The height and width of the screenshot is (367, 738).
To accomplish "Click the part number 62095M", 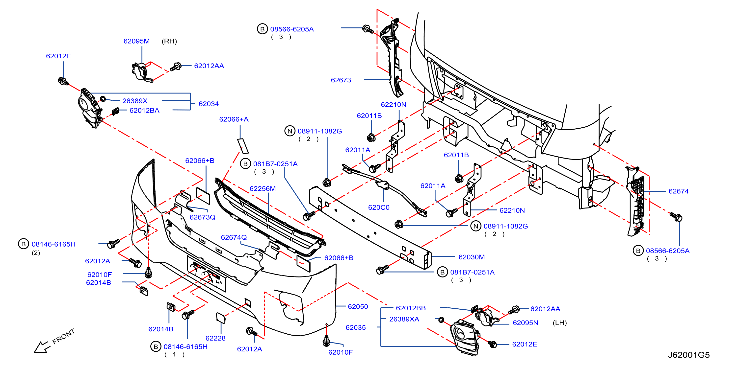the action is [x=136, y=41].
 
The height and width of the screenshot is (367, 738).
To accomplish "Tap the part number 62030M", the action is [x=472, y=257].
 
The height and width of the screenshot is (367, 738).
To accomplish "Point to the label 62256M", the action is [x=263, y=189].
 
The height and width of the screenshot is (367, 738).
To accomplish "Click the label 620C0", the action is [x=378, y=207].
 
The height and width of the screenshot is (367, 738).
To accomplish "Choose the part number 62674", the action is [x=678, y=191].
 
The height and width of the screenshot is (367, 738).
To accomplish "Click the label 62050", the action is [x=358, y=307].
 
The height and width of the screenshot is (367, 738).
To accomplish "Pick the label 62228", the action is [x=215, y=338].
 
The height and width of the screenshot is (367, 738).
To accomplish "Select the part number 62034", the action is [x=209, y=104].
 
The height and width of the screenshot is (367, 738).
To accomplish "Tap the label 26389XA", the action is [x=404, y=319].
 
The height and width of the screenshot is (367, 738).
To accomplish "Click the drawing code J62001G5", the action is [x=689, y=355].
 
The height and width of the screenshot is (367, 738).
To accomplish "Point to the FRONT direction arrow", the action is [x=42, y=347].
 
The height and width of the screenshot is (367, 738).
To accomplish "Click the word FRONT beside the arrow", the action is [x=64, y=336].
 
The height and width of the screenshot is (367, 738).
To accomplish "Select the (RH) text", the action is [x=169, y=41].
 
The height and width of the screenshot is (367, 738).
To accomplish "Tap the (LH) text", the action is [x=559, y=323].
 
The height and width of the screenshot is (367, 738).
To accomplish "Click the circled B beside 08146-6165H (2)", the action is [x=24, y=244].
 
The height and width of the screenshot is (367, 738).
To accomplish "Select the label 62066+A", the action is [x=234, y=119].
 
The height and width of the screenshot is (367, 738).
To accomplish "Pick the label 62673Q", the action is [x=202, y=217].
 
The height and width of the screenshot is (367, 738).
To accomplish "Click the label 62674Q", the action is [x=234, y=237].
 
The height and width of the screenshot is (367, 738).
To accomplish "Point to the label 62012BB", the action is [x=411, y=308].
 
